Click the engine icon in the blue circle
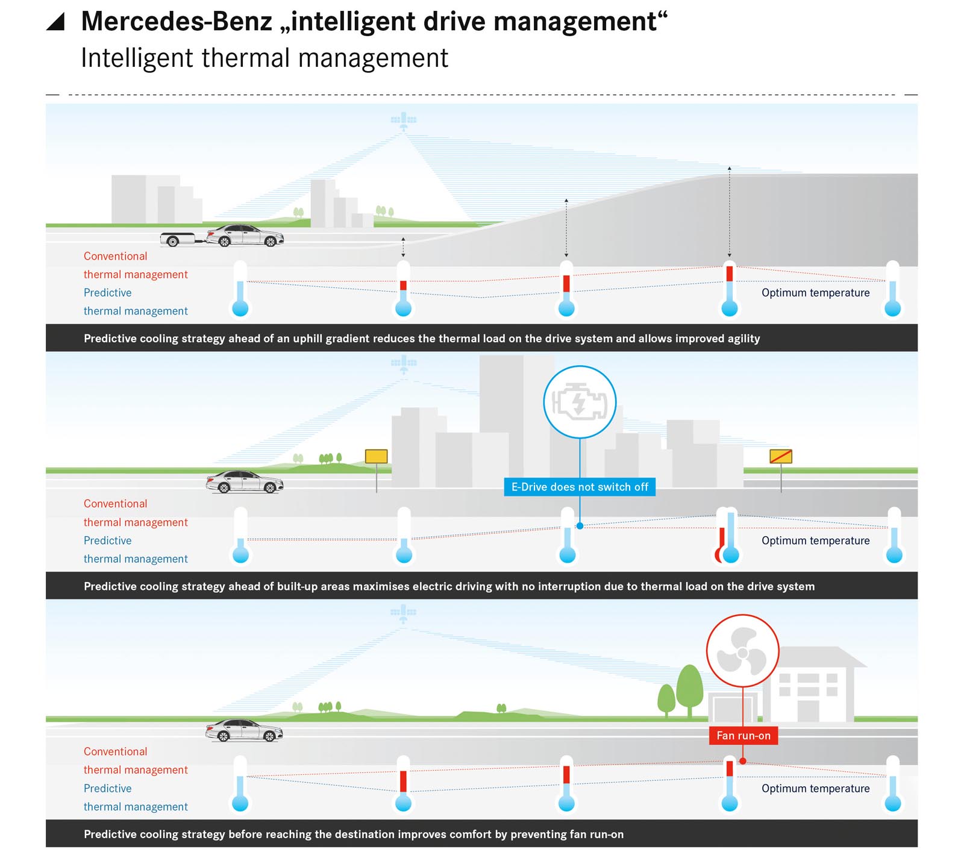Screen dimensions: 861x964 pyautogui.click(x=580, y=402)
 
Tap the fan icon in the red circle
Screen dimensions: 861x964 pyautogui.click(x=742, y=651)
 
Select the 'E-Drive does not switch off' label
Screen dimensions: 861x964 pyautogui.click(x=580, y=487)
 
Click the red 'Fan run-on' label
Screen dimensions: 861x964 pyautogui.click(x=743, y=736)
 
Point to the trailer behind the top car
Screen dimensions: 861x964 pyautogui.click(x=177, y=240)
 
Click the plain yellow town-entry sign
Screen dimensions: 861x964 pyautogui.click(x=377, y=457)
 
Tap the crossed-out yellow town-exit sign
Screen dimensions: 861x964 pyautogui.click(x=781, y=457)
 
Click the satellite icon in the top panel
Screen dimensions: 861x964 pyautogui.click(x=404, y=120)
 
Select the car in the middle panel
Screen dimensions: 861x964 pyautogui.click(x=245, y=482)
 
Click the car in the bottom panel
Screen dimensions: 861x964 pyautogui.click(x=244, y=730)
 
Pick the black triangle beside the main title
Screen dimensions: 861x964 pyautogui.click(x=56, y=22)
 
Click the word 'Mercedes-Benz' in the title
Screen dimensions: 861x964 pyautogui.click(x=177, y=22)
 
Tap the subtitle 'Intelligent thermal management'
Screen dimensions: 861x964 pyautogui.click(x=264, y=58)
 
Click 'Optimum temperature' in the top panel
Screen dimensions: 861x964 pyautogui.click(x=815, y=293)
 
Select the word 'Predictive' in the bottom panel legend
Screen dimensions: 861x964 pyautogui.click(x=107, y=788)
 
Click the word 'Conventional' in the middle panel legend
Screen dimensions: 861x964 pyautogui.click(x=115, y=504)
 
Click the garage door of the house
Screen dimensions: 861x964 pyautogui.click(x=726, y=708)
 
